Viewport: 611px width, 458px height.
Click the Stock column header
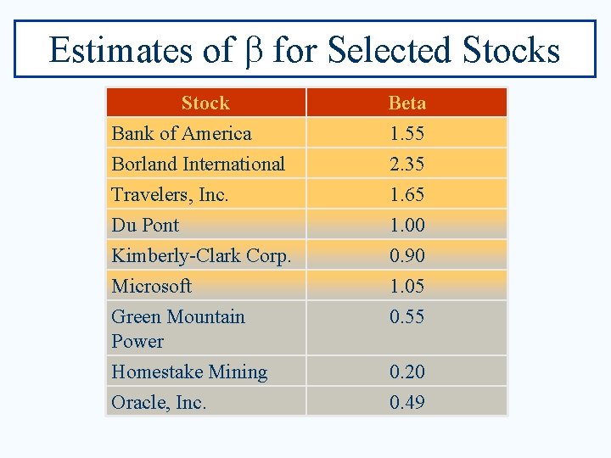(205, 103)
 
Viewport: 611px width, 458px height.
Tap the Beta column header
(406, 103)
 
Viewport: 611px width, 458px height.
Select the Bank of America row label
(182, 134)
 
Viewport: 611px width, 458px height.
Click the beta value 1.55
(406, 134)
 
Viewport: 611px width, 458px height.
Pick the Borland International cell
(198, 165)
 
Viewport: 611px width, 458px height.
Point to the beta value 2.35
(406, 165)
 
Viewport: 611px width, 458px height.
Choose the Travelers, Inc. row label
(170, 195)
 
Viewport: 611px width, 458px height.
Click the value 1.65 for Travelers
(406, 195)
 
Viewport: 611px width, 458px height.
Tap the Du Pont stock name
(145, 226)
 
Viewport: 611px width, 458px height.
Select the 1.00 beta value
(406, 226)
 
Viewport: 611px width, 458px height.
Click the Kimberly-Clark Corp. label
(201, 256)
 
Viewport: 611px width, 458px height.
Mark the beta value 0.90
(406, 256)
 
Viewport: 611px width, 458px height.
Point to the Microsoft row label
(151, 287)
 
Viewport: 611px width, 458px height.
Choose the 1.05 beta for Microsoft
(406, 287)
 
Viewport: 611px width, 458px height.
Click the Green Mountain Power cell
(178, 328)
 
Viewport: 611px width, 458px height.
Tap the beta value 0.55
(406, 317)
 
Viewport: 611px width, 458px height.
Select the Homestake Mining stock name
(189, 372)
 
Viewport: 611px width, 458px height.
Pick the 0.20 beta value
(406, 372)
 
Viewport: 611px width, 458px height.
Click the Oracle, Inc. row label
(159, 403)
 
